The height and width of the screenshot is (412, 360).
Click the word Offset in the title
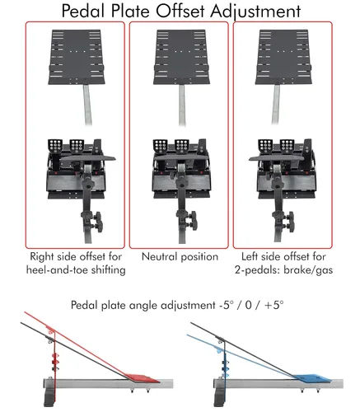[x=180, y=11]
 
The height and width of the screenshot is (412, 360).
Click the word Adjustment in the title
[x=255, y=12]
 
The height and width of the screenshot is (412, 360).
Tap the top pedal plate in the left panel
[x=77, y=57]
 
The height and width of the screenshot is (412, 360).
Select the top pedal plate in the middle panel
[x=181, y=57]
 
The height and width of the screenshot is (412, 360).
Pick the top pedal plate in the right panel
[x=283, y=57]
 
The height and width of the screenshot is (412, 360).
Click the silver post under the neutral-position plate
[x=182, y=105]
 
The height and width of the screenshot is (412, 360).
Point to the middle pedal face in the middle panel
[x=182, y=145]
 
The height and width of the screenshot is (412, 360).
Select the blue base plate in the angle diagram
[x=314, y=378]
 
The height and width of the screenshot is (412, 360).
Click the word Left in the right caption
[x=250, y=256]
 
